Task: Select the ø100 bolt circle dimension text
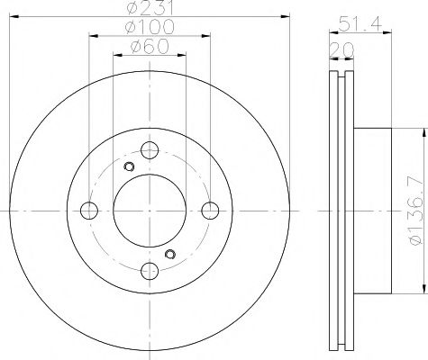[150, 27]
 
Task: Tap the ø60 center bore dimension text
[150, 45]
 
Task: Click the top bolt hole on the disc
[150, 148]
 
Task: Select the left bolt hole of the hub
[89, 210]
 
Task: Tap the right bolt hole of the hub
[211, 210]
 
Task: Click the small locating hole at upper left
[129, 167]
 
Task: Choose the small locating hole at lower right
[169, 252]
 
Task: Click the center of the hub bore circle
[150, 210]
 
